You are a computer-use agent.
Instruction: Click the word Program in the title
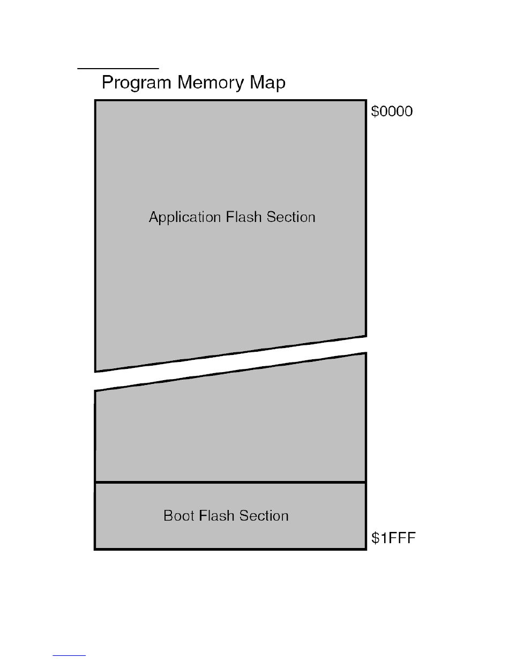click(x=137, y=84)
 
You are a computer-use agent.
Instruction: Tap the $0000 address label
click(x=392, y=112)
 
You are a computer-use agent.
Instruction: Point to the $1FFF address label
click(x=393, y=538)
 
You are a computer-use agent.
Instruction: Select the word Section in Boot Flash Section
click(x=264, y=516)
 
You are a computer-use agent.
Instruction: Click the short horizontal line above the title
click(x=118, y=69)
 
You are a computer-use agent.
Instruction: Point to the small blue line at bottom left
click(x=70, y=655)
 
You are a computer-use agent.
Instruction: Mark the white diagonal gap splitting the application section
click(x=230, y=363)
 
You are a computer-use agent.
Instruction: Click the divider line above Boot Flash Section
click(x=230, y=482)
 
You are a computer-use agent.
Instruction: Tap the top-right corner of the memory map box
click(x=366, y=100)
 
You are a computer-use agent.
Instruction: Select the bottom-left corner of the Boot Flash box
click(x=95, y=549)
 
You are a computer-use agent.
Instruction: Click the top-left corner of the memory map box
click(x=95, y=100)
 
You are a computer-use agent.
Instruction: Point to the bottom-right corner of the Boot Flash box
click(x=366, y=549)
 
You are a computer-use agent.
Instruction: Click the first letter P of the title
click(x=107, y=83)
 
